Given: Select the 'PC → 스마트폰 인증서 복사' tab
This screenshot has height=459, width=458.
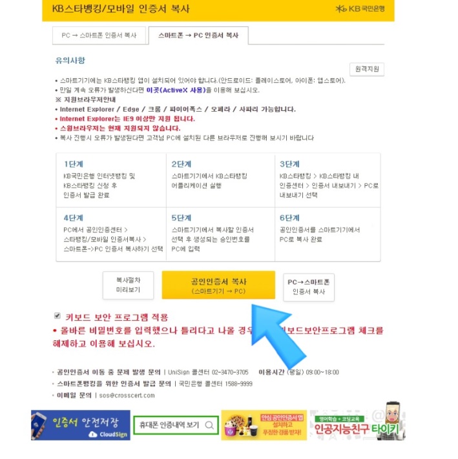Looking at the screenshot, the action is [x=99, y=36].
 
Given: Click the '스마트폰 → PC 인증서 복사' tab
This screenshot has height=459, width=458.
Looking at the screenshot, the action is [x=198, y=36].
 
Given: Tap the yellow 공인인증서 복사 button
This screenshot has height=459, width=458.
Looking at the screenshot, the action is [x=218, y=286].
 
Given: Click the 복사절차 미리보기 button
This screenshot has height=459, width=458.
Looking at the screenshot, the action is [x=128, y=285].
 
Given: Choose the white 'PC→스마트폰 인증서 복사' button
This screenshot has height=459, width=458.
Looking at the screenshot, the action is [x=309, y=287].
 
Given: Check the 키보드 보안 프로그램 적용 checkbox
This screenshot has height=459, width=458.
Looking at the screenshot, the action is [x=57, y=316].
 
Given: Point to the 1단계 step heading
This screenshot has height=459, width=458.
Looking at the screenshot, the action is [x=74, y=164].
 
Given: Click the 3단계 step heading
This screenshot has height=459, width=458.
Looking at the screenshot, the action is [x=289, y=164].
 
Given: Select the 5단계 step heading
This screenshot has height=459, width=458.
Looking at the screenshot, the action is [x=182, y=218].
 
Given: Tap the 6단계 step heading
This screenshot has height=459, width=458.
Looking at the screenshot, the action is [x=289, y=218].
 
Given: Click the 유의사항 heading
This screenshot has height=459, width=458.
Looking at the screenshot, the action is [x=70, y=61].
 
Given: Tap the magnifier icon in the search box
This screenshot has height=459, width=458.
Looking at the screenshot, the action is [x=209, y=425].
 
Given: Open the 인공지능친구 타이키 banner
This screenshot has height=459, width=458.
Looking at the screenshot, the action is [x=357, y=425].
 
